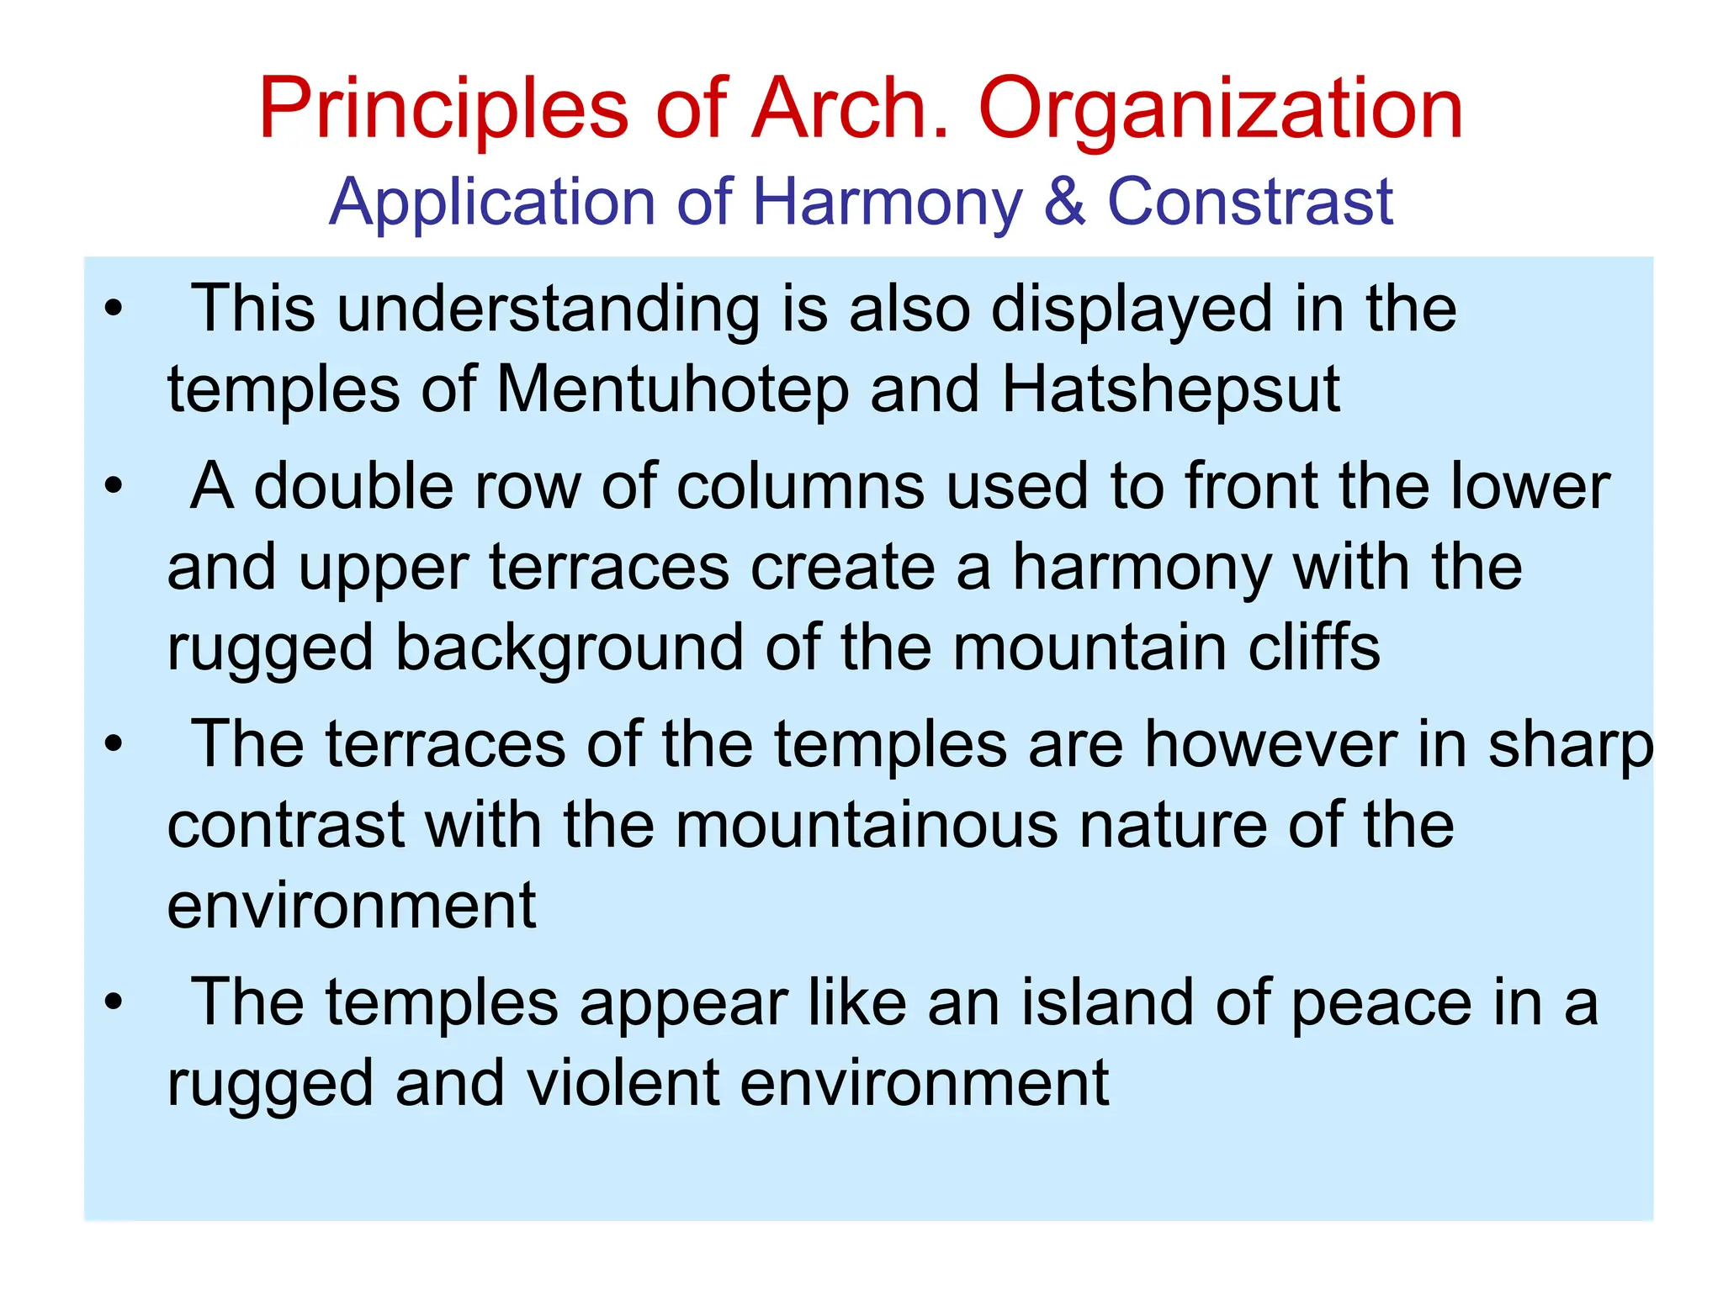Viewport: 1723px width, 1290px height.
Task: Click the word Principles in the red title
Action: [x=443, y=109]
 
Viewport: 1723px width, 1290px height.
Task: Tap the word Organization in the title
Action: [x=1221, y=109]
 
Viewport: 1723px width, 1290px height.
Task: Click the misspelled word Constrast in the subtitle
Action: [x=1250, y=202]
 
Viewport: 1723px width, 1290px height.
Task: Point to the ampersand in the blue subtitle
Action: [x=1064, y=202]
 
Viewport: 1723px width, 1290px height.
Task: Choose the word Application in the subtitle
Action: [x=491, y=204]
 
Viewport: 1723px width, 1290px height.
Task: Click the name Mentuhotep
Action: [x=672, y=390]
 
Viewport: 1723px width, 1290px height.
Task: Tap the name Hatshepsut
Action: [x=1170, y=390]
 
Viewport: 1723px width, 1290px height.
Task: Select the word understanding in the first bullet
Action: [x=549, y=309]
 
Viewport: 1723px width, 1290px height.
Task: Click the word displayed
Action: [x=1131, y=309]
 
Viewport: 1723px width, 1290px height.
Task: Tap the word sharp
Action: [x=1570, y=747]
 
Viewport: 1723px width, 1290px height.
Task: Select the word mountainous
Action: [x=867, y=825]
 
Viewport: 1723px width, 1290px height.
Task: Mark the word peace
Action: [x=1381, y=1004]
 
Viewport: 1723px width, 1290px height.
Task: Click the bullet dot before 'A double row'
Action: [x=114, y=486]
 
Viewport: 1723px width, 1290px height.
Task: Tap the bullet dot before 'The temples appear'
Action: [x=114, y=1002]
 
